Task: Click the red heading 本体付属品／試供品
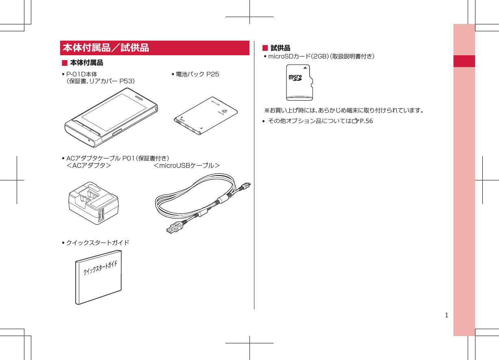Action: [x=106, y=48]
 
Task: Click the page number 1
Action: [x=447, y=315]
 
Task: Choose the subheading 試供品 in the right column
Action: [x=280, y=48]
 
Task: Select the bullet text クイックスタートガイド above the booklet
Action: [x=98, y=243]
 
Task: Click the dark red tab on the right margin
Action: [x=464, y=61]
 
